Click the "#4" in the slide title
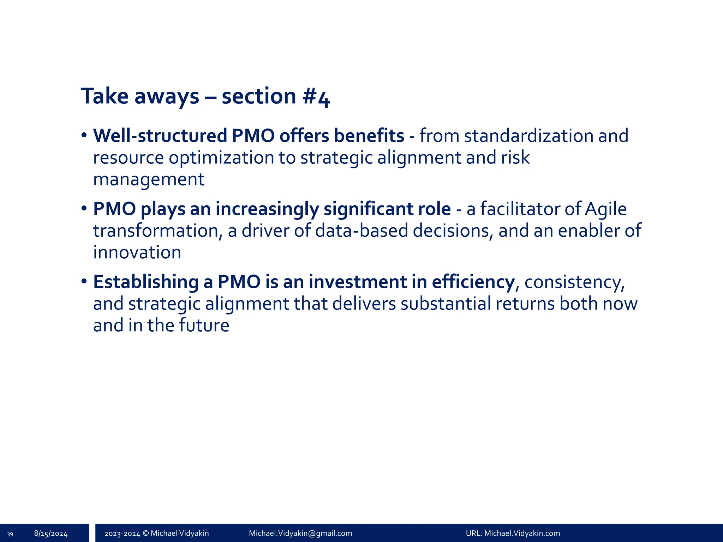(x=316, y=97)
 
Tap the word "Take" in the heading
(x=104, y=96)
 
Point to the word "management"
(x=149, y=179)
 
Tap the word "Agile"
(x=606, y=209)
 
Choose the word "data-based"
(x=361, y=230)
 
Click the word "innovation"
(x=137, y=252)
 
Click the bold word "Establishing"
(x=146, y=282)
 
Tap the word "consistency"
(x=574, y=282)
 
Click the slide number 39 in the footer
(x=10, y=534)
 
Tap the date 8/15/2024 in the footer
(x=51, y=534)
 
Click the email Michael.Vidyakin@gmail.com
(x=300, y=533)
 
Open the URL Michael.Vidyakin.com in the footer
(x=522, y=533)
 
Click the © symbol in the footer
(x=145, y=533)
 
